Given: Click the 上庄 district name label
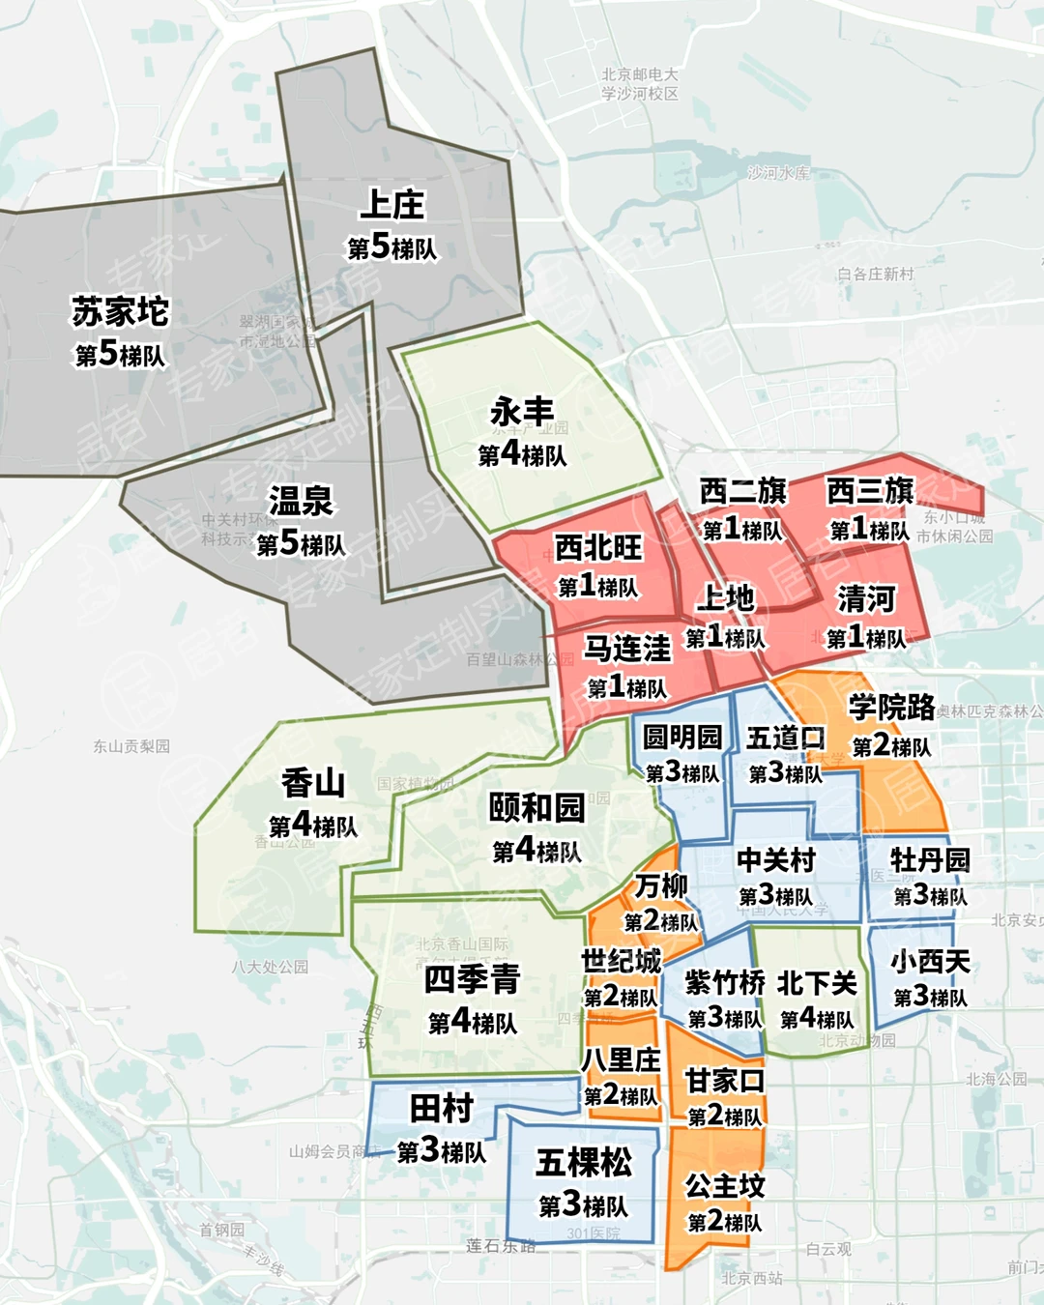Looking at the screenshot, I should click(x=391, y=205).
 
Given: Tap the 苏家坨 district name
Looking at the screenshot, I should click(x=120, y=311).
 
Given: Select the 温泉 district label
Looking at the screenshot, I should click(x=301, y=501).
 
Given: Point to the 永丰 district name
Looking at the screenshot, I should click(x=522, y=412).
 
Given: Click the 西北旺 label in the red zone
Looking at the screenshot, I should click(x=598, y=547).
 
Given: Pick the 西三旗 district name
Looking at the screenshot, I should click(x=869, y=491).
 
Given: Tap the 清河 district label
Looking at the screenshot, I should click(x=866, y=599).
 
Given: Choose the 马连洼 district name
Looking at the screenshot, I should click(x=626, y=648).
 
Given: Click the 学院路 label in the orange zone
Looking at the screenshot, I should click(x=891, y=708).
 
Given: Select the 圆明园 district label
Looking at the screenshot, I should click(x=682, y=738).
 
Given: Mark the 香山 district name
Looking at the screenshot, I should click(x=312, y=783).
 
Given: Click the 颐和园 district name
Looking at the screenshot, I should click(x=536, y=807).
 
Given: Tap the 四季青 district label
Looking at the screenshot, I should click(x=472, y=979).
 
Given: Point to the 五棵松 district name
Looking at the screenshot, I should click(x=583, y=1162).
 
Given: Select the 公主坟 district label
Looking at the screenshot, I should click(x=724, y=1185).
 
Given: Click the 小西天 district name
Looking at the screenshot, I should click(x=930, y=962).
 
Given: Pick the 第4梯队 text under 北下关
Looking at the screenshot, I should click(x=817, y=1019).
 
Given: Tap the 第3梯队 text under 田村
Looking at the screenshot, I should click(x=441, y=1151).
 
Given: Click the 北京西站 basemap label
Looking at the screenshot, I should click(x=752, y=1279).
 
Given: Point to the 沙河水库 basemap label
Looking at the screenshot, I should click(x=778, y=173).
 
